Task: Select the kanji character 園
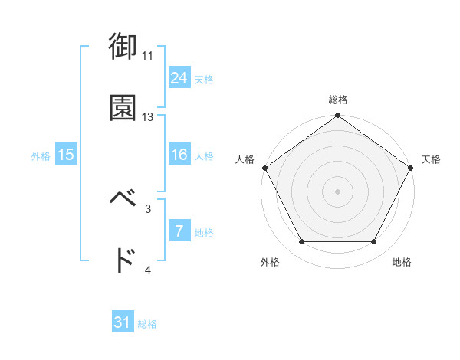click(x=123, y=108)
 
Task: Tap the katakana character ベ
click(x=123, y=199)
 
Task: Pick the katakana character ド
click(x=123, y=261)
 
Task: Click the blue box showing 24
click(x=179, y=77)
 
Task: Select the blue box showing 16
click(x=179, y=155)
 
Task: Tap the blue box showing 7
click(x=179, y=231)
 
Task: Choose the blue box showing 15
click(x=66, y=155)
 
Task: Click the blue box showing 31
click(x=123, y=322)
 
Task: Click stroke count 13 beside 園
click(x=148, y=117)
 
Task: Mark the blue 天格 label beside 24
click(x=204, y=80)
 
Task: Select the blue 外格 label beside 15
click(x=41, y=156)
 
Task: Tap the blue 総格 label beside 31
click(x=147, y=325)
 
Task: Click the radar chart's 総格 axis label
click(x=337, y=100)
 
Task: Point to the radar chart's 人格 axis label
click(x=245, y=159)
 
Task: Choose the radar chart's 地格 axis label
click(x=401, y=263)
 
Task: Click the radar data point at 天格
click(x=412, y=167)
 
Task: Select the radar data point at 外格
click(x=301, y=242)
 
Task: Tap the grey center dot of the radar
click(x=337, y=191)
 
